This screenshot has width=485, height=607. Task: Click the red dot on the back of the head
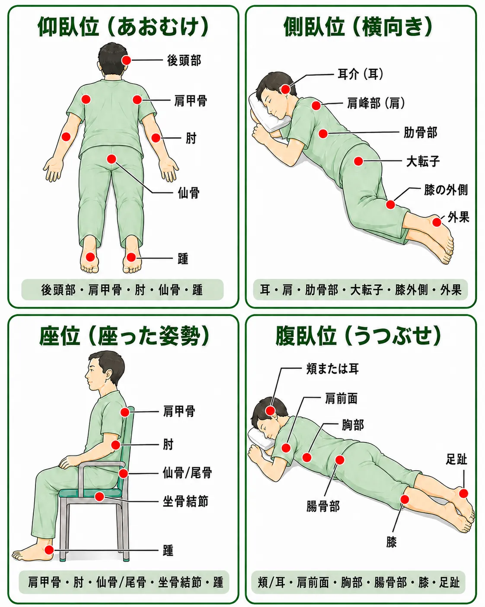127,60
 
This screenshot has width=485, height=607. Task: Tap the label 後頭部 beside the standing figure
184,60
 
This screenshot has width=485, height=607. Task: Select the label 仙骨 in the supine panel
188,193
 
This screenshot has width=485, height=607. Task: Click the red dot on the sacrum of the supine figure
112,159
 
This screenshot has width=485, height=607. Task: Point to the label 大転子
423,161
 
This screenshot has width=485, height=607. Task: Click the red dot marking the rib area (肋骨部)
323,133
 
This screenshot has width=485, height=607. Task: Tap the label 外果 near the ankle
459,217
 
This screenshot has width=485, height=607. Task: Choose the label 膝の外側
446,190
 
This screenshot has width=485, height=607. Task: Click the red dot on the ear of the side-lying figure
285,89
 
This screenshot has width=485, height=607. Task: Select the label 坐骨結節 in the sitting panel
185,501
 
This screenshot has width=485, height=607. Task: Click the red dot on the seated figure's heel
49,550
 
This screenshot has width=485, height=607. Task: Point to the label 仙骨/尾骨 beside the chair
187,473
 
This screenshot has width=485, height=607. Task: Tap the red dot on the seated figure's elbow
116,445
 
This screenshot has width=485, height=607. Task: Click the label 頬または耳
333,368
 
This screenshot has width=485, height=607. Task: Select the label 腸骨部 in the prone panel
323,506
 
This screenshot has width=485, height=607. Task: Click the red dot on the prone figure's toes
463,493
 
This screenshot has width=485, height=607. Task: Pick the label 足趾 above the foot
456,459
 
